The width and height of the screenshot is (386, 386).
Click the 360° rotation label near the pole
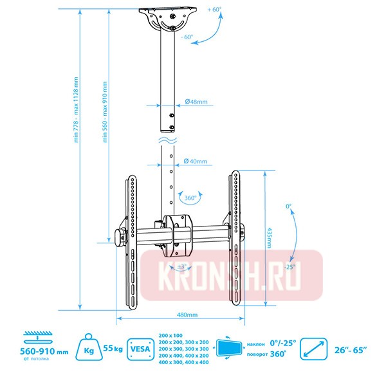(190, 198)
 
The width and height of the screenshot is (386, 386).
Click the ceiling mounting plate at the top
(167, 14)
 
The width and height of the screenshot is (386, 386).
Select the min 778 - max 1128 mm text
(75, 129)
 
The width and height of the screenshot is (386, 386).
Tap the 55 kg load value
(113, 349)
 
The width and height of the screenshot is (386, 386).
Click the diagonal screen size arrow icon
(315, 348)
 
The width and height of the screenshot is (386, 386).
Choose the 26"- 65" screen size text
(351, 349)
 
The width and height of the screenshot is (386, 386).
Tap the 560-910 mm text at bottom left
(44, 351)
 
